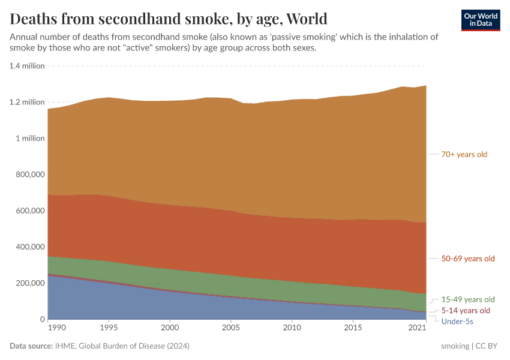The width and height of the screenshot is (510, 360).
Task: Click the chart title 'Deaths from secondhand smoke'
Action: [169, 18]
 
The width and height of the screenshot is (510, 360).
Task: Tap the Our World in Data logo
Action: [481, 20]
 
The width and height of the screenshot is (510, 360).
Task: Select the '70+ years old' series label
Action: [464, 154]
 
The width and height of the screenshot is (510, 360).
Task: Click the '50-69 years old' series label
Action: [467, 259]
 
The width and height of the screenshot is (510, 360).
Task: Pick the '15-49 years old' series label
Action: [467, 299]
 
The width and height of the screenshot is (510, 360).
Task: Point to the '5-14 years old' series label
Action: [466, 310]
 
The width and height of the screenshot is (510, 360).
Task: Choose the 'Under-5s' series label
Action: [457, 322]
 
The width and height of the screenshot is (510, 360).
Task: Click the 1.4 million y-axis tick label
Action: [27, 66]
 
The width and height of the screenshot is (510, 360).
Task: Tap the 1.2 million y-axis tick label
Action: [27, 102]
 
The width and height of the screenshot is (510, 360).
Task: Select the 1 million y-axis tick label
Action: [29, 138]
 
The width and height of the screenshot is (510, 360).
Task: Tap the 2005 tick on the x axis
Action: [231, 328]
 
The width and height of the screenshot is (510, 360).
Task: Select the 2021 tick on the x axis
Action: [417, 328]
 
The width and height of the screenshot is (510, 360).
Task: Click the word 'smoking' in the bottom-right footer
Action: [455, 346]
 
